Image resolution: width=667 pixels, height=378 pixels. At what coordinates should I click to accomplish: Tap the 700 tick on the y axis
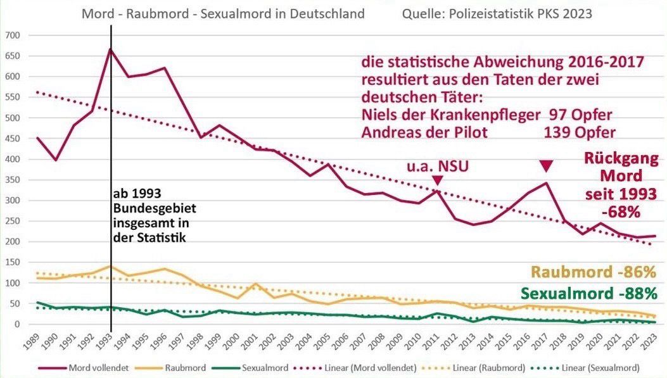[13, 35]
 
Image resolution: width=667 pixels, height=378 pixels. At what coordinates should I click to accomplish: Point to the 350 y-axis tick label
[13, 180]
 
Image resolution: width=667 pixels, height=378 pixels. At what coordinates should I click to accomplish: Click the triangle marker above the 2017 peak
[547, 166]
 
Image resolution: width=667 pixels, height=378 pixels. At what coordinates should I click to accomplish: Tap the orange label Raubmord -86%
[593, 273]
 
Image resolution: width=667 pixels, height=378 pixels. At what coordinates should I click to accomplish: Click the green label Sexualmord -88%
[588, 294]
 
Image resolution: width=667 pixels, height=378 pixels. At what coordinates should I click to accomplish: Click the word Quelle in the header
[421, 13]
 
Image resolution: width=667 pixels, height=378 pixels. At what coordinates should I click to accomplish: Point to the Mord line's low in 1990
[57, 160]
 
